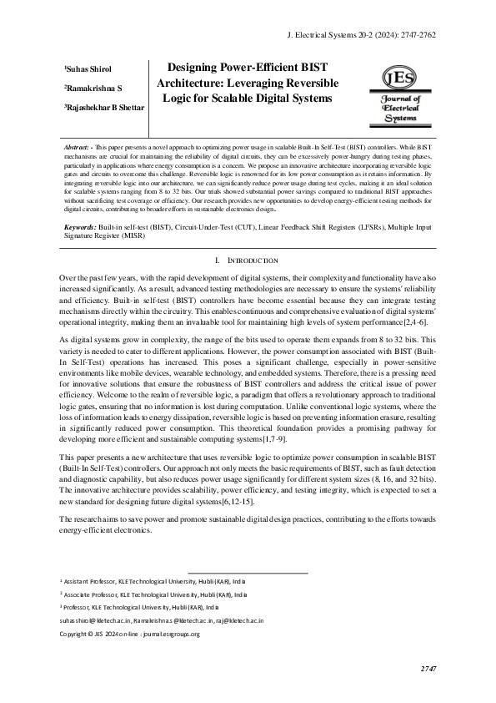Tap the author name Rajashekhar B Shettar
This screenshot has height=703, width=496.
click(103, 108)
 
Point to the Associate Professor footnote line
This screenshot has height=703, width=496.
click(153, 594)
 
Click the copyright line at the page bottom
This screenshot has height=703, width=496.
click(129, 634)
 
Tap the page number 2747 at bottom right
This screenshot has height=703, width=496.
click(428, 669)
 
